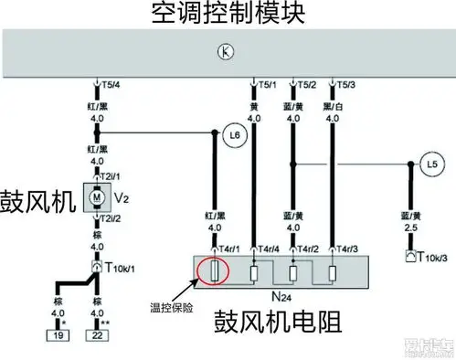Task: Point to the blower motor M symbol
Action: pyautogui.click(x=95, y=195)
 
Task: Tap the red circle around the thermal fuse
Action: pyautogui.click(x=216, y=270)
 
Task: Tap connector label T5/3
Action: pyautogui.click(x=345, y=86)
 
